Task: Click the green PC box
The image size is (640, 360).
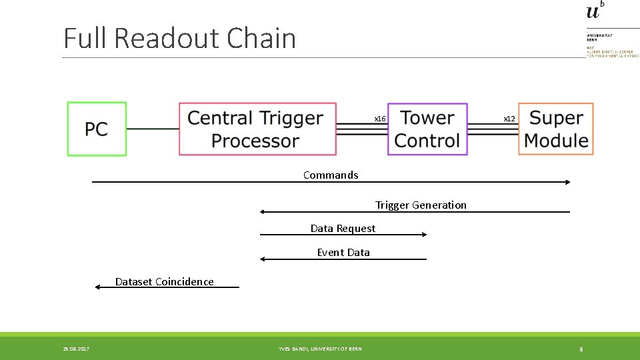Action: tap(97, 129)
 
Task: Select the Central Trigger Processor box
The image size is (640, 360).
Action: tap(257, 129)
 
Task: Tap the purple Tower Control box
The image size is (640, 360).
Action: tap(427, 129)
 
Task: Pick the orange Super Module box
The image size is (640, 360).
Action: tap(556, 129)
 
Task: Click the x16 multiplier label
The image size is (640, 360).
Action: tap(379, 119)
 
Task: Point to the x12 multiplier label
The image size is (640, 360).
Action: tap(509, 119)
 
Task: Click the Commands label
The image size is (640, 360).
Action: tap(331, 175)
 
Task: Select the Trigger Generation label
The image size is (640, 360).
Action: tap(421, 205)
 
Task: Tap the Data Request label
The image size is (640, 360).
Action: tap(343, 229)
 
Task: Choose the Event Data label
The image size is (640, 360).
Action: tap(343, 253)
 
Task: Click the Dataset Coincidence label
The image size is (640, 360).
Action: tap(164, 282)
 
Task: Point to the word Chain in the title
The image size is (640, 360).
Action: tap(261, 39)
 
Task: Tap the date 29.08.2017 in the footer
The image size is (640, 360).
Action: tap(76, 349)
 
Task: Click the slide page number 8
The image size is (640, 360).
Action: tap(581, 349)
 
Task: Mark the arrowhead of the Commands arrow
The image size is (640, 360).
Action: tap(567, 182)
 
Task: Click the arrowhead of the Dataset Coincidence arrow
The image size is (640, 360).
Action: tap(98, 287)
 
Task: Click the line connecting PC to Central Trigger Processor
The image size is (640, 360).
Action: tap(152, 129)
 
